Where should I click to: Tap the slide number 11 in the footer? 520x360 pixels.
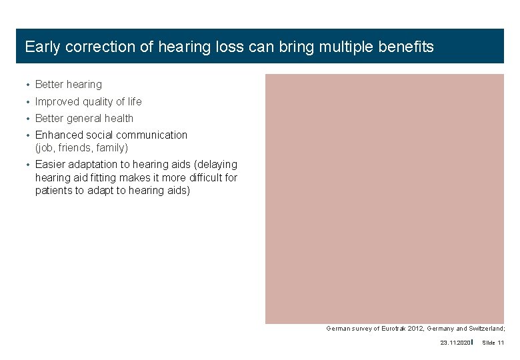point(501,343)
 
